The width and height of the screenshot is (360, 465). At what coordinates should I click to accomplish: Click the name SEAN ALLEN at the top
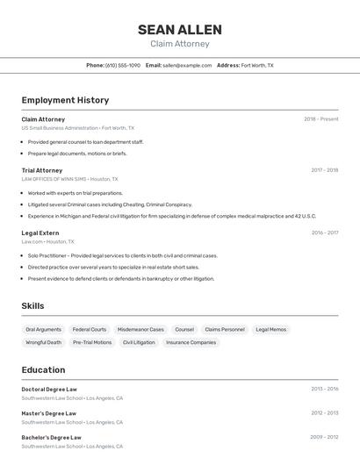click(180, 30)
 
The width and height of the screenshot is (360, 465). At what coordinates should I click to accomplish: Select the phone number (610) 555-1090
click(123, 65)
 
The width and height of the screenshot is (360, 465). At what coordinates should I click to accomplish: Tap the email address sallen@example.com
click(187, 65)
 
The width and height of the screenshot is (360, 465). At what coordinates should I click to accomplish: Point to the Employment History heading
click(65, 100)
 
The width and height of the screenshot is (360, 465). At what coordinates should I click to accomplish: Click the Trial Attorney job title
click(42, 170)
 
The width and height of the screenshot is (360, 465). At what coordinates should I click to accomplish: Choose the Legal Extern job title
click(40, 232)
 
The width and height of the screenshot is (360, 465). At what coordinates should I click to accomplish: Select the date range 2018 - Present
click(321, 119)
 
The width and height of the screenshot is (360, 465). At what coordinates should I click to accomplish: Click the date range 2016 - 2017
click(325, 232)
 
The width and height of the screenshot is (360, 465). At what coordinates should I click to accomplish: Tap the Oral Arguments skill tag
click(44, 330)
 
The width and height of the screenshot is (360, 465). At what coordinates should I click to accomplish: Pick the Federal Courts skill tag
click(90, 330)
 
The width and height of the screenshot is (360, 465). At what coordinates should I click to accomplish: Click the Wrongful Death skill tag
click(44, 342)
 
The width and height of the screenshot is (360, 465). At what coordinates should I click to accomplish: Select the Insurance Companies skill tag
click(191, 342)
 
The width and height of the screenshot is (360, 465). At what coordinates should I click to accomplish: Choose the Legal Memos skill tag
click(270, 330)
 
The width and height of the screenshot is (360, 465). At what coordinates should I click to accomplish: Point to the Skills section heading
click(33, 306)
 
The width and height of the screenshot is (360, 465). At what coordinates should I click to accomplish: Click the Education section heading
click(43, 369)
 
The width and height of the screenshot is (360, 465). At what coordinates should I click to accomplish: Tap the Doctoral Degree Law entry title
click(49, 389)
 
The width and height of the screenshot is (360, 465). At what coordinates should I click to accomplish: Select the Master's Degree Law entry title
click(49, 413)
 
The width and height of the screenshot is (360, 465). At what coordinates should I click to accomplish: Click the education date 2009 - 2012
click(324, 437)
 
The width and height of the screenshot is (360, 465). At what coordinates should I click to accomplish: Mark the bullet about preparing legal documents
click(77, 154)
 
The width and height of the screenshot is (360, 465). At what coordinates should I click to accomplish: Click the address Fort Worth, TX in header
click(257, 65)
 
